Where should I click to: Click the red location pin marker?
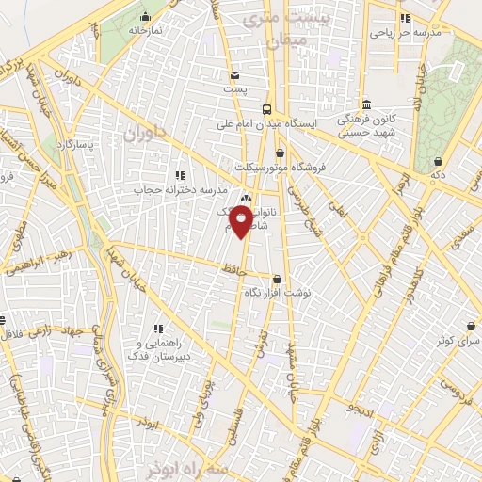click(x=242, y=221)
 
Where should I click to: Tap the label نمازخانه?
click(x=146, y=30)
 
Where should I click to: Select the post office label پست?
click(x=234, y=88)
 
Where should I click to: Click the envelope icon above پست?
click(x=234, y=74)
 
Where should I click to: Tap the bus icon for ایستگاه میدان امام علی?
click(x=267, y=108)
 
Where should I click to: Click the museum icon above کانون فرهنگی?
click(x=364, y=104)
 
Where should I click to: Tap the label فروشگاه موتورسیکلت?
click(x=319, y=167)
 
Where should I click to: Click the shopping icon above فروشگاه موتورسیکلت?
click(x=280, y=153)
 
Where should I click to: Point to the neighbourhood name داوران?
click(x=143, y=136)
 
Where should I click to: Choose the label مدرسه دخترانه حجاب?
click(x=180, y=189)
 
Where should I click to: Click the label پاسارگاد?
click(x=74, y=145)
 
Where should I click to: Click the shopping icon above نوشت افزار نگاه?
click(x=277, y=279)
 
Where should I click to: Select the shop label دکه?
click(x=437, y=176)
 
